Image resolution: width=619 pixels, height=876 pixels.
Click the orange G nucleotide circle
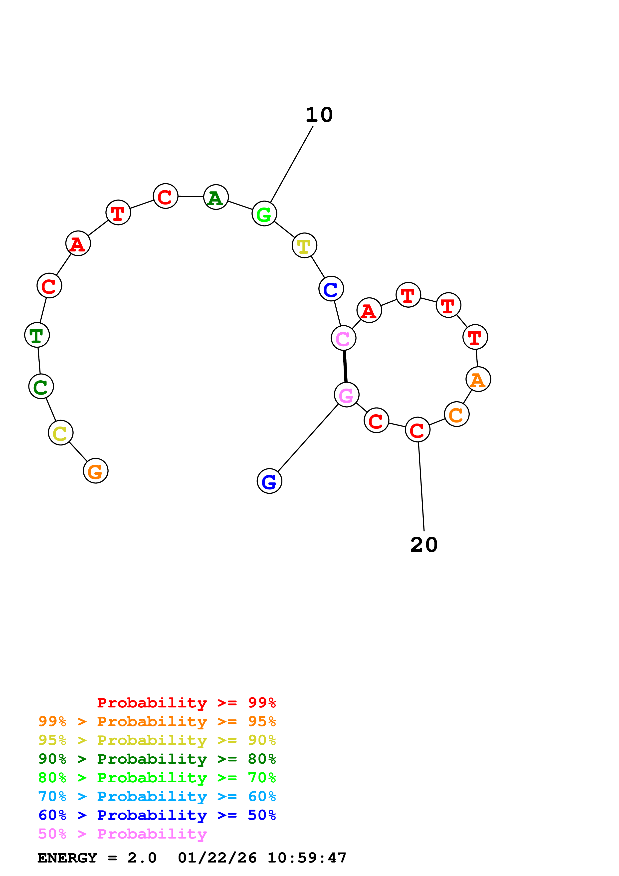pyautogui.click(x=95, y=470)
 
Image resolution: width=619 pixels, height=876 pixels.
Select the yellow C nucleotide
pyautogui.click(x=60, y=433)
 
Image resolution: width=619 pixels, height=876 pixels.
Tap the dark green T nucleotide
pyautogui.click(x=37, y=335)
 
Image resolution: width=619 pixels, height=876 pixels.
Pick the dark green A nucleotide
pyautogui.click(x=216, y=197)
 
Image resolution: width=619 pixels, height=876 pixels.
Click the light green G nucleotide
pyautogui.click(x=264, y=214)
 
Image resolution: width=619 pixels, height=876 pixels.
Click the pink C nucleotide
pyautogui.click(x=343, y=338)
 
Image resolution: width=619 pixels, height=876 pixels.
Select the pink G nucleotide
pyautogui.click(x=346, y=395)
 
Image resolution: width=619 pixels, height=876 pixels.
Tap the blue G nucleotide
pyautogui.click(x=269, y=481)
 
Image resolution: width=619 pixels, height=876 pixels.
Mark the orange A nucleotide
pyautogui.click(x=478, y=379)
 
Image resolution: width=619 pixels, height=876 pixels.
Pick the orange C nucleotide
pyautogui.click(x=456, y=414)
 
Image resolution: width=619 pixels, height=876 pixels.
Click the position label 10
pyautogui.click(x=319, y=115)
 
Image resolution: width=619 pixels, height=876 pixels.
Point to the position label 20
pyautogui.click(x=424, y=545)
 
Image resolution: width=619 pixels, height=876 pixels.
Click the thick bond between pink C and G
pyautogui.click(x=345, y=366)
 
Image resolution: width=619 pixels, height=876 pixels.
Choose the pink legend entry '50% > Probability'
pyautogui.click(x=122, y=834)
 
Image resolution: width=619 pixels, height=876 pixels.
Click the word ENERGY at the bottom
pyautogui.click(x=67, y=858)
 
